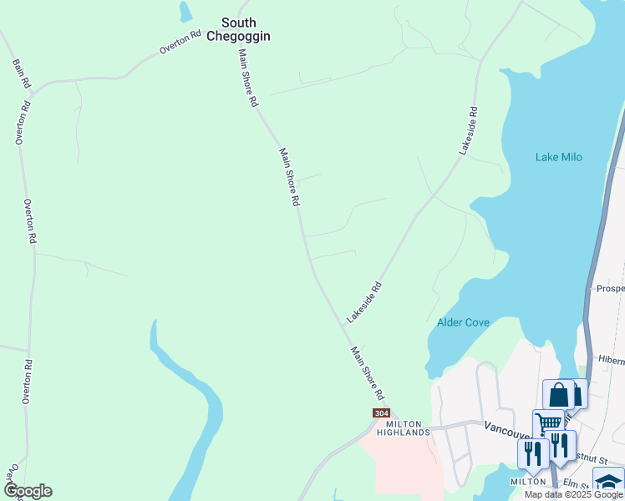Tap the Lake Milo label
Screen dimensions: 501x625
pos(558,157)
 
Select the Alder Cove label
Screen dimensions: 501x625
pos(463,322)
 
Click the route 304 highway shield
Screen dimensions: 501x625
pos(381,413)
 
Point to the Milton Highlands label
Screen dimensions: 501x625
pos(403,428)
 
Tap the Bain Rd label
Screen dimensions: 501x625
pos(21,73)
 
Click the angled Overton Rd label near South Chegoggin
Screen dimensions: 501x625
pos(180,43)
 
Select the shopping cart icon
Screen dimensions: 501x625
pos(547,423)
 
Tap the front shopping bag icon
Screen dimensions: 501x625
pos(558,393)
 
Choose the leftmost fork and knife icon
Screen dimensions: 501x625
pos(531,453)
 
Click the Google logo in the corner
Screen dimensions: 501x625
pos(27,491)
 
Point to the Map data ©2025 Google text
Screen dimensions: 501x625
pos(573,494)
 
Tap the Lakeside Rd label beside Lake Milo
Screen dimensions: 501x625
pos(468,129)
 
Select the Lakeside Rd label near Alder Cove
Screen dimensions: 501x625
pos(364,302)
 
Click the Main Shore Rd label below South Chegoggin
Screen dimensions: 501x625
pos(247,77)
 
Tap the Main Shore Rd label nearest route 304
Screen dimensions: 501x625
pos(367,372)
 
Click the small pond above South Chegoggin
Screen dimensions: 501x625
pos(185,11)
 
